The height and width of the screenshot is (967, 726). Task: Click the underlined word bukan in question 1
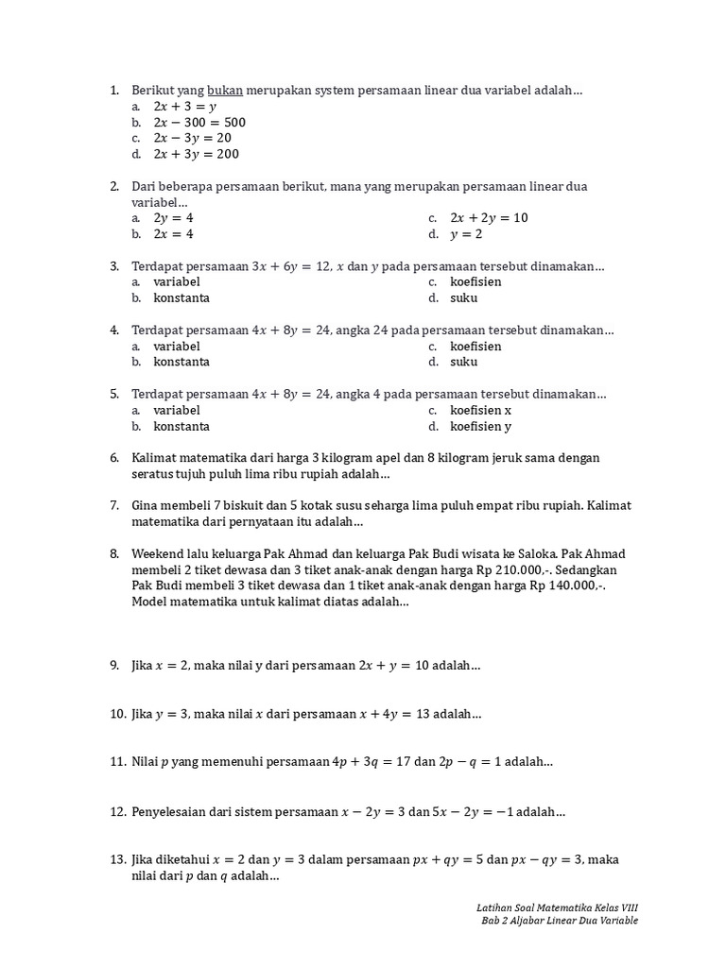(x=225, y=91)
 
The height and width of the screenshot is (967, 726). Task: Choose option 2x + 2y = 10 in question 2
(x=489, y=218)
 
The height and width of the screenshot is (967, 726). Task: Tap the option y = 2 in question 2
(x=466, y=234)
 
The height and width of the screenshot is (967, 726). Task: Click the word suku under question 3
(x=463, y=298)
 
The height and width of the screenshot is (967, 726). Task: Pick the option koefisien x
(x=480, y=411)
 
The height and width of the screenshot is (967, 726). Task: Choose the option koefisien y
(x=480, y=427)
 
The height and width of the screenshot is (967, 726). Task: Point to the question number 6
(x=114, y=458)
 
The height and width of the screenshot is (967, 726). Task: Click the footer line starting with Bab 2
(x=559, y=921)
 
